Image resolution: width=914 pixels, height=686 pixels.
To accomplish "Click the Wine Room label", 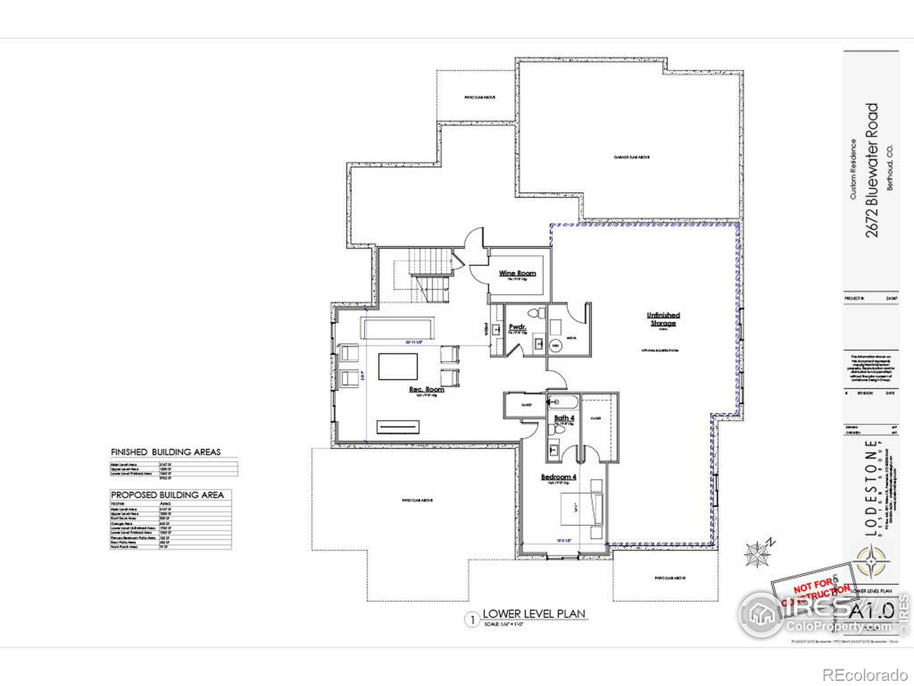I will [x=518, y=273].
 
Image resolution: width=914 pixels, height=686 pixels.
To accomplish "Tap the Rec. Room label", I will [x=426, y=389].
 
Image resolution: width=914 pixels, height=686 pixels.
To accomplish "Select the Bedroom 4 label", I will [x=559, y=477].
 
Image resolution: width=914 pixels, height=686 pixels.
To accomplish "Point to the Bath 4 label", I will [x=564, y=418].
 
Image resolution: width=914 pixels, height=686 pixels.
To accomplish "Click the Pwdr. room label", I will [x=518, y=327].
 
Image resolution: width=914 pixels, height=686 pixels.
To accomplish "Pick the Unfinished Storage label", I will [x=663, y=319].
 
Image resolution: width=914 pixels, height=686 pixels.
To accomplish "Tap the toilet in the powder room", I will [x=536, y=313].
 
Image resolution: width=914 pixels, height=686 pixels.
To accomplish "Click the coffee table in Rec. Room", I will [x=398, y=366].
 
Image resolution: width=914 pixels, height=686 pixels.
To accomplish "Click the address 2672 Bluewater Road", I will [x=872, y=170].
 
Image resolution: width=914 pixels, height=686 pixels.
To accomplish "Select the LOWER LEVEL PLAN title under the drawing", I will [x=534, y=614].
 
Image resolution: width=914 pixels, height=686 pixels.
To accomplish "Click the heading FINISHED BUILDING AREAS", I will [x=166, y=452].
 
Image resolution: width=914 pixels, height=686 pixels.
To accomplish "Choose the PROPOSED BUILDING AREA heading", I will [x=167, y=495].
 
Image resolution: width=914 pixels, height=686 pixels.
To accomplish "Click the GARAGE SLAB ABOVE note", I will [x=632, y=157].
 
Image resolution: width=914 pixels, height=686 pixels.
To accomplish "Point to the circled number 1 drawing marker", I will [x=472, y=620].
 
